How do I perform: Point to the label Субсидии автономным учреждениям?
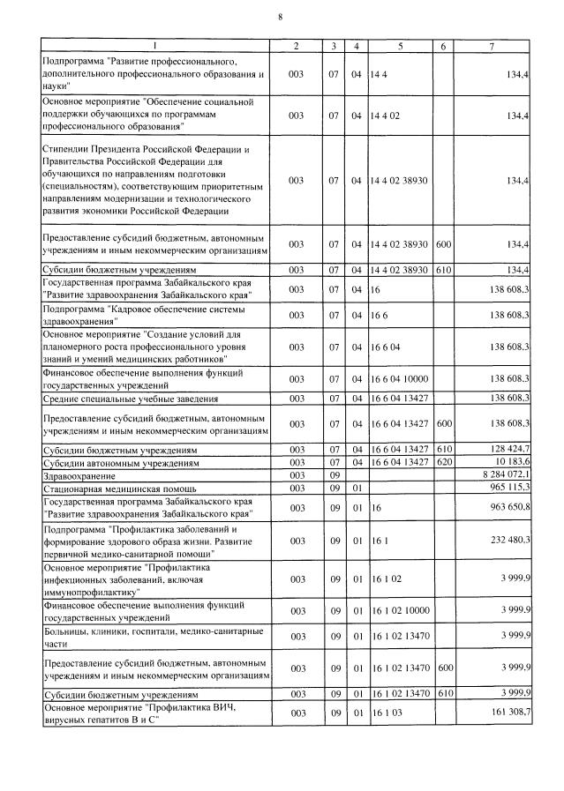point(118,462)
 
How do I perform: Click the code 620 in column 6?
point(443,461)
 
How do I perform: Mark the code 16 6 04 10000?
point(401,378)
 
